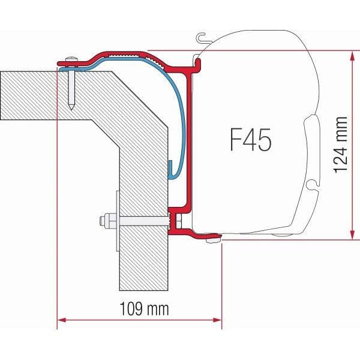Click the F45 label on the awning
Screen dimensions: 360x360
[x=250, y=140]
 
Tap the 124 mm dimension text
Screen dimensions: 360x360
[x=341, y=143]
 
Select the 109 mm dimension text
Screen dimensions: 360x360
[x=140, y=310]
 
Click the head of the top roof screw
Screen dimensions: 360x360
[x=71, y=58]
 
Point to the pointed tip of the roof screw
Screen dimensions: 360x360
[x=71, y=108]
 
